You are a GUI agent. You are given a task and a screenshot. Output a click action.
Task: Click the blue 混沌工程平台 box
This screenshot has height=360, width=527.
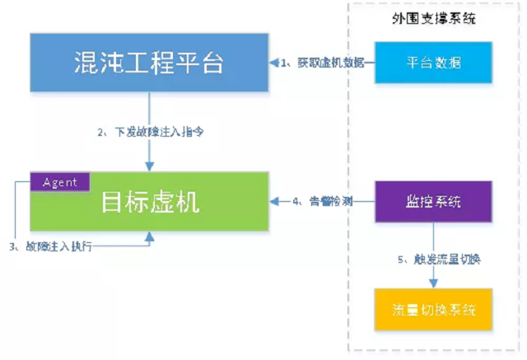[x=149, y=63]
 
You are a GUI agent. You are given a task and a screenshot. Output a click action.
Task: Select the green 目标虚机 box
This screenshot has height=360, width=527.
[x=149, y=202]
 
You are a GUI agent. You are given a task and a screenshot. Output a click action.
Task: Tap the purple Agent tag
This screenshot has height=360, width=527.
[x=60, y=182]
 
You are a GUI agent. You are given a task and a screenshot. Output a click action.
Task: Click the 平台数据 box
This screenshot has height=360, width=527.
[x=433, y=63]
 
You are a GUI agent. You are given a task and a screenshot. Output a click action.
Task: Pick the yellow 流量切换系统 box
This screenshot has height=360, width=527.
[x=433, y=311]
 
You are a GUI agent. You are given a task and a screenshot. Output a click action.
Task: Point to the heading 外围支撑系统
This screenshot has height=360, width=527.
[x=434, y=19]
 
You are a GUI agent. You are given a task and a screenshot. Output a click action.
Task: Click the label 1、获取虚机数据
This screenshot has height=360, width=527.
[x=322, y=63]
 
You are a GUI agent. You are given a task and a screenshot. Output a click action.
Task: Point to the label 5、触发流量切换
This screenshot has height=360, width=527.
[x=437, y=259]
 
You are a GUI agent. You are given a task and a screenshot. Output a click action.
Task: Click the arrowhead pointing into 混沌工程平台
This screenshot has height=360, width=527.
[x=274, y=63]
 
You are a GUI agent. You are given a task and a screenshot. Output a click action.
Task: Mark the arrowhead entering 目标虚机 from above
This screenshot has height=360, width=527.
[x=149, y=167]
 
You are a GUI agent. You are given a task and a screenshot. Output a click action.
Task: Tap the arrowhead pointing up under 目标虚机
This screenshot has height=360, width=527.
[x=149, y=236]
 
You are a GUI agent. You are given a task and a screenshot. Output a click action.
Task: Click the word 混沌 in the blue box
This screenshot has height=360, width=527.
[x=97, y=63]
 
